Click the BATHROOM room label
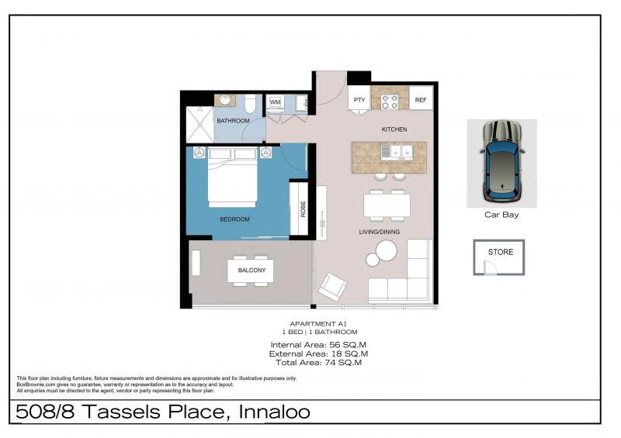tap(233, 121)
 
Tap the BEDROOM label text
tap(234, 219)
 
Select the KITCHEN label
tap(394, 129)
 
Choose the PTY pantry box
tap(359, 101)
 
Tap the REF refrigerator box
tap(420, 101)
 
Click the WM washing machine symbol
tap(275, 102)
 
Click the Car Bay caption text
tap(501, 215)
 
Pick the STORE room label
tap(501, 252)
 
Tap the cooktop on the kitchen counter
tap(390, 101)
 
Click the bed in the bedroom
tap(234, 182)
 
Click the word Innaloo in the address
tap(270, 412)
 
